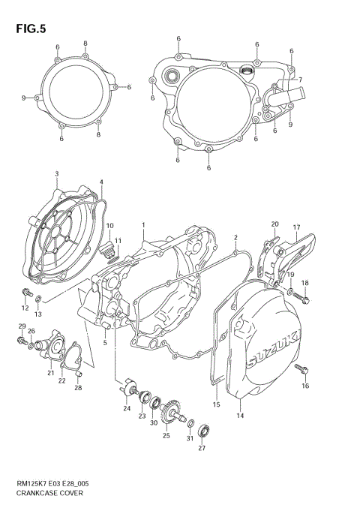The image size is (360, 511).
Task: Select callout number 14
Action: (x=240, y=415)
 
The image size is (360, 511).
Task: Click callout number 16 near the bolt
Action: (x=305, y=386)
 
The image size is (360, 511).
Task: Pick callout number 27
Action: (x=201, y=448)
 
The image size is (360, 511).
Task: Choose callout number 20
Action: (x=275, y=224)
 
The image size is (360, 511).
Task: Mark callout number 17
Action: (x=296, y=228)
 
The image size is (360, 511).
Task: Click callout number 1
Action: (x=142, y=224)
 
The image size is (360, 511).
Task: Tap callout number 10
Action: (x=109, y=226)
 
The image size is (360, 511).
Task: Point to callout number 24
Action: (x=127, y=409)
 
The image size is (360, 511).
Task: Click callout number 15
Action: (x=215, y=405)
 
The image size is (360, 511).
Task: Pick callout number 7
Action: (x=299, y=80)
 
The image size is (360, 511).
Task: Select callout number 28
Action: (x=77, y=388)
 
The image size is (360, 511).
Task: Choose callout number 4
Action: (x=101, y=182)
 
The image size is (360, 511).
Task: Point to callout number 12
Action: (x=23, y=308)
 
